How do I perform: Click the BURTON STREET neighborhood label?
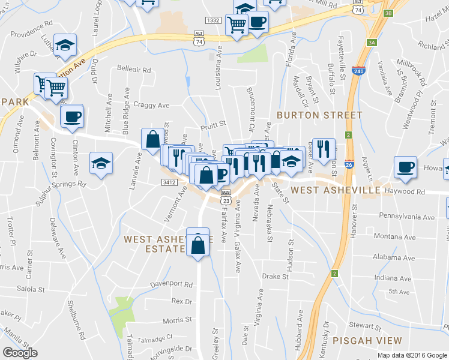319,115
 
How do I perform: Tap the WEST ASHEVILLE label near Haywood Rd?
334,190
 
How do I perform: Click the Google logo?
20,352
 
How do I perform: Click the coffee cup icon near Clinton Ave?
71,116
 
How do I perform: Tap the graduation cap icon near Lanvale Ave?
101,162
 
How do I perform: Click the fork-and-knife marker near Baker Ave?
324,148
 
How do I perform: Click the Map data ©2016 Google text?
412,355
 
